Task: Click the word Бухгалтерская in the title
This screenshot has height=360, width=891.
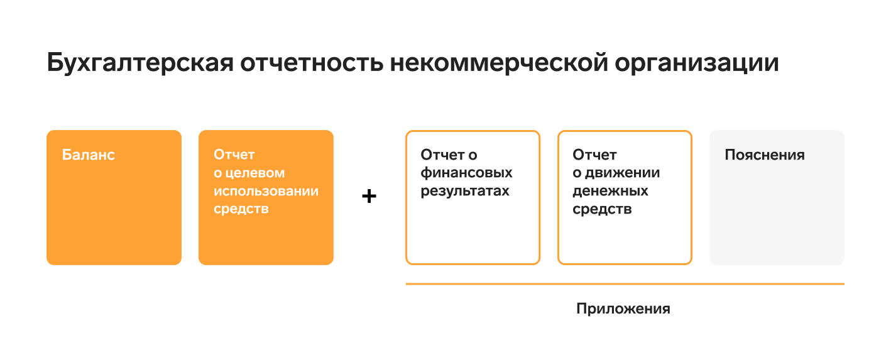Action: coord(140,63)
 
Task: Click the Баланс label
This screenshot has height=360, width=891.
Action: coord(89,155)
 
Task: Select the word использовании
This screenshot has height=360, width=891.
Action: coord(266,191)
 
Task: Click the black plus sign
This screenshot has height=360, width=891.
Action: coord(369,196)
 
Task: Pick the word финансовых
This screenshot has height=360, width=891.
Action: coord(467,173)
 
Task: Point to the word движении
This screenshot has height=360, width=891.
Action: coord(623,173)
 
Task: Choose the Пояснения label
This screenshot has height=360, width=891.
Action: coord(765,155)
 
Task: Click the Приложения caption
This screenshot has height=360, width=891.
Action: coord(623,308)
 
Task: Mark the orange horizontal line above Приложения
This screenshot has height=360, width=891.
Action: coord(625,284)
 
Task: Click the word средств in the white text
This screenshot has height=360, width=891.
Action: coord(241,209)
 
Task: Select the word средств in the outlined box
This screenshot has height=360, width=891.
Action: coord(602,209)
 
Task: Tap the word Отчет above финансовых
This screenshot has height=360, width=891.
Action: coord(442,155)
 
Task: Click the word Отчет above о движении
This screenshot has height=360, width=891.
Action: coord(594,155)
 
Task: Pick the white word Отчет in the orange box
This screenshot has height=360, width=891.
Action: coord(234,155)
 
